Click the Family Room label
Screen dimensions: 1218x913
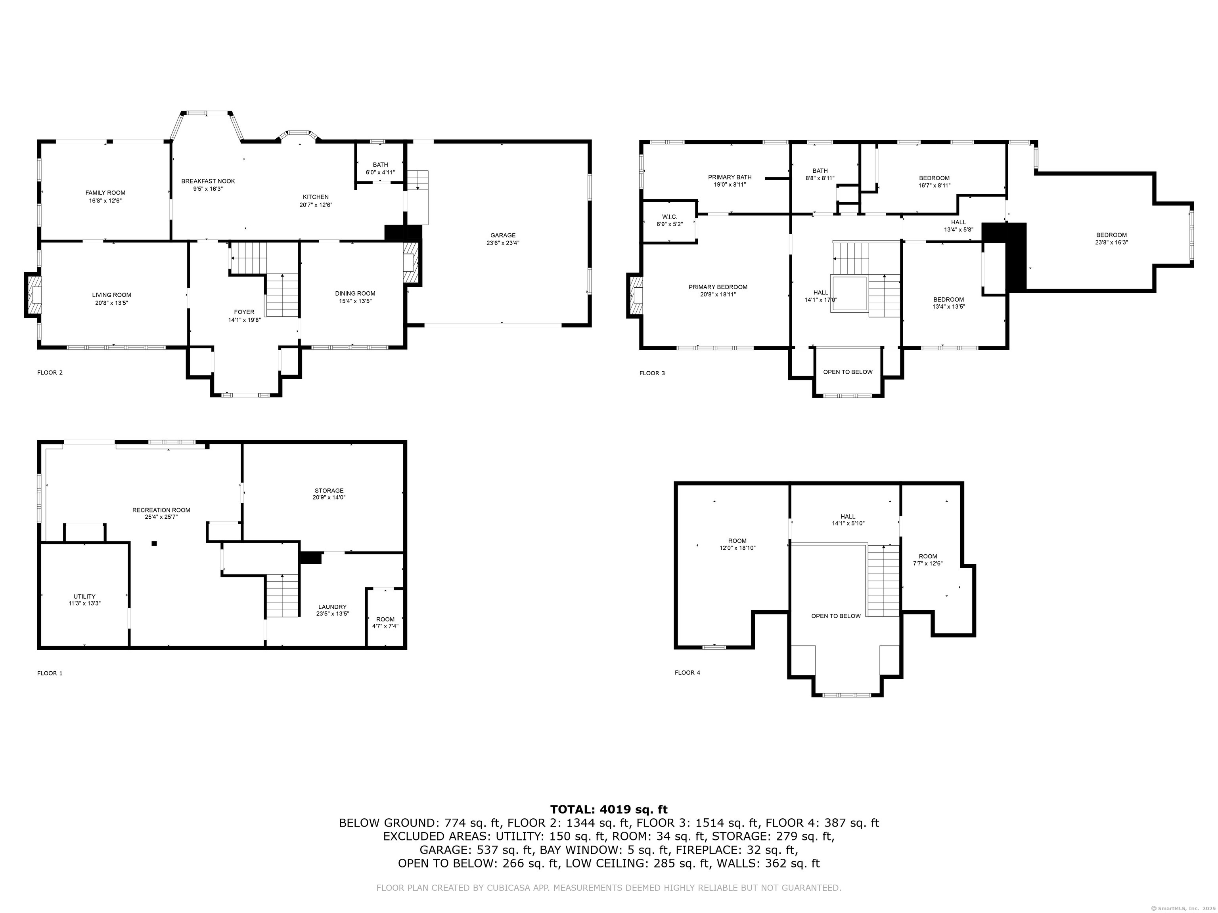tap(105, 193)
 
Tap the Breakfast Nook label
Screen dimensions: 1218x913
tap(208, 181)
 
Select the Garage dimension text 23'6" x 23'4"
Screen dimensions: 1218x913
tap(503, 243)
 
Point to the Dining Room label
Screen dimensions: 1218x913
tap(355, 293)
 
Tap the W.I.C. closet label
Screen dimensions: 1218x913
tap(670, 216)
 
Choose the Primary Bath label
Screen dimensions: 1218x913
tap(730, 177)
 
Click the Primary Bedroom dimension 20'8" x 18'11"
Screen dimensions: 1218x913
tap(718, 294)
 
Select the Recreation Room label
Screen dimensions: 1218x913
tap(161, 510)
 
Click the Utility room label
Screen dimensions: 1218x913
tap(84, 596)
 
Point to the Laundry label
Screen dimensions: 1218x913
tap(333, 607)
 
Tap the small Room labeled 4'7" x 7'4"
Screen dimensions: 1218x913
tap(385, 623)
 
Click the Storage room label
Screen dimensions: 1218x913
tap(329, 490)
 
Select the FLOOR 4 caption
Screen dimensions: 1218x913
tap(687, 672)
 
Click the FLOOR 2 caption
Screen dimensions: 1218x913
tap(50, 372)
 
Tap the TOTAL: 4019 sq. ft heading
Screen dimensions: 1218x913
tap(609, 810)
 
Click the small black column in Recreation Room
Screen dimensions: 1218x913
tap(154, 544)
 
